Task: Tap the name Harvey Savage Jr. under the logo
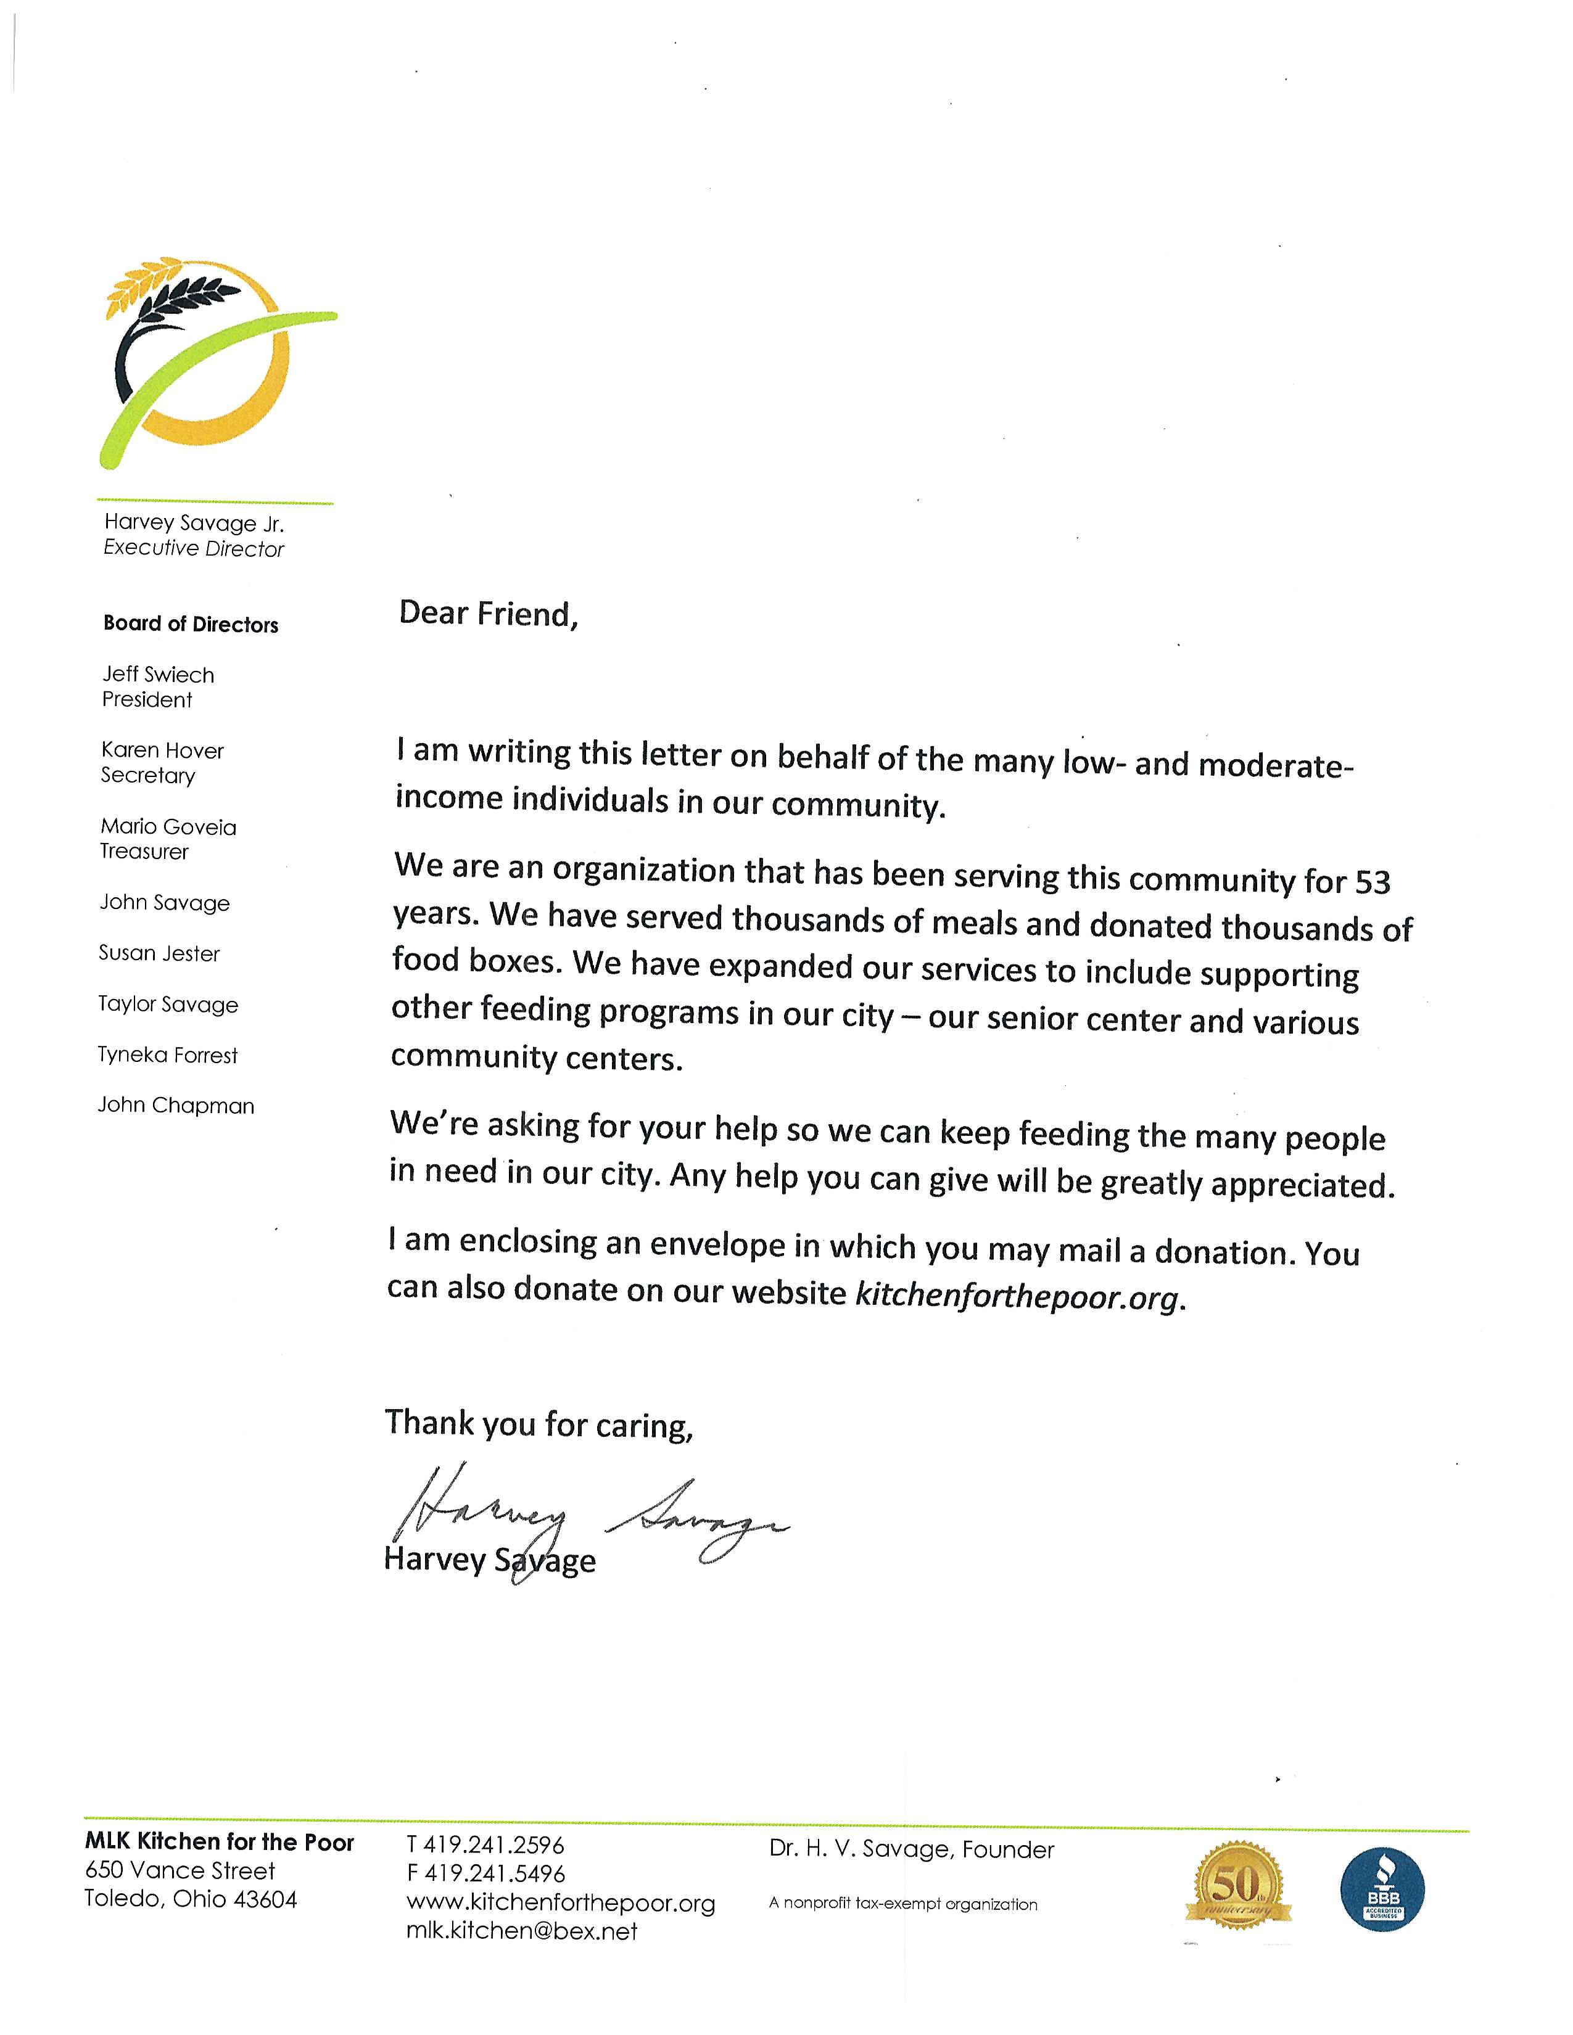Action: point(194,523)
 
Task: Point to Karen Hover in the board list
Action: point(163,750)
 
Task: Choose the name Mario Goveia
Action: point(168,826)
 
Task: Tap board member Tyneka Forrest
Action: point(168,1054)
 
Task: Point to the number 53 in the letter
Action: point(1372,881)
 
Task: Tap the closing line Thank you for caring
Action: point(539,1423)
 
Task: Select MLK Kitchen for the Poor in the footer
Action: point(219,1842)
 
